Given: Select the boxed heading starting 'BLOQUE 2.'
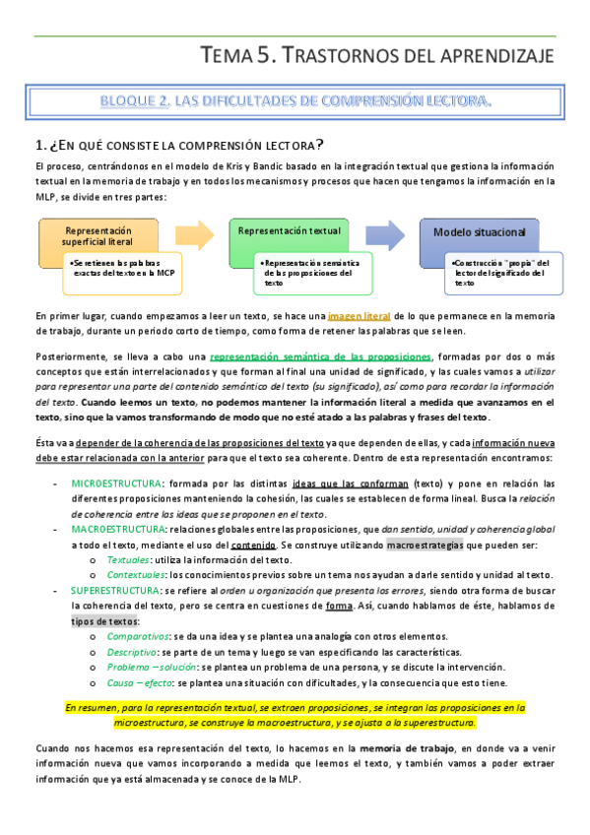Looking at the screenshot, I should pos(295,100).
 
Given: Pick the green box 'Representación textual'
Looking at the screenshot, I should pos(290,230).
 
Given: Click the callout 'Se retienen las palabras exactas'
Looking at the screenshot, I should pos(124,270).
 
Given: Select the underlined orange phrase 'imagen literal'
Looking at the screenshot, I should pos(359,316).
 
